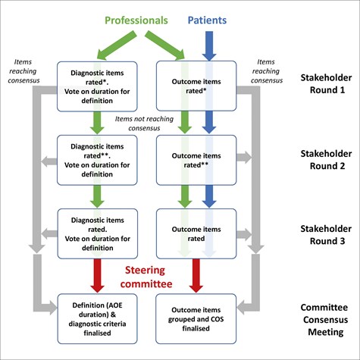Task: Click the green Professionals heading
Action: [136, 20]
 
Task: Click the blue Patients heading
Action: [207, 20]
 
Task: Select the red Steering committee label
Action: [146, 277]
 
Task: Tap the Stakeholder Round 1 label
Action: [326, 83]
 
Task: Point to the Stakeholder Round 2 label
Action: [326, 160]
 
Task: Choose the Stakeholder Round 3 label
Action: [326, 235]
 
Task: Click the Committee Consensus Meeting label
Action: [325, 320]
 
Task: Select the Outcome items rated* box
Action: [196, 86]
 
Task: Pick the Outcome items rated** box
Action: [196, 160]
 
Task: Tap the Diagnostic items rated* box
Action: [97, 86]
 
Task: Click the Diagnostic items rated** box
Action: [97, 160]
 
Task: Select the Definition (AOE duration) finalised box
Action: [97, 319]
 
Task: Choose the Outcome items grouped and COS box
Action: [196, 319]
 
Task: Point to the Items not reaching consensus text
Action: [144, 124]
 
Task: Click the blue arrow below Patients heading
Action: [209, 46]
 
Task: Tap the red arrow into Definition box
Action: [97, 276]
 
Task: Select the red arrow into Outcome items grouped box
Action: [196, 276]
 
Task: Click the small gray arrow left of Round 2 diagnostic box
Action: [49, 161]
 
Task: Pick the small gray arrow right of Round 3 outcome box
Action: [244, 234]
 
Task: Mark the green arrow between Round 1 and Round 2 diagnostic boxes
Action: [97, 123]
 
